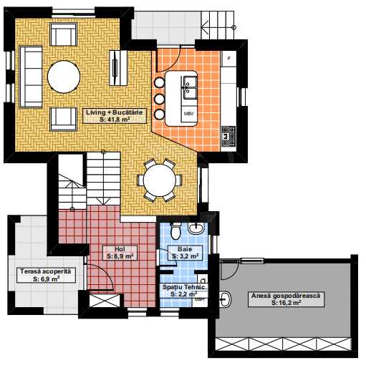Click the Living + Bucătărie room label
pos(115,116)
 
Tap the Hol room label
pos(120,253)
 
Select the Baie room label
pos(185,253)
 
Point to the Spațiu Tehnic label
pos(183,291)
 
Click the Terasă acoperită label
pos(46,275)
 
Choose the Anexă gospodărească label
pos(286,299)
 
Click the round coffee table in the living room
pos(64,77)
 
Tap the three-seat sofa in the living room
pos(31,77)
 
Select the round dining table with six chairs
pos(160,180)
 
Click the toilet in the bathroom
pos(175,231)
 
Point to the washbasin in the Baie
pos(196,228)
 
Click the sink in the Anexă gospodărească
pos(225,299)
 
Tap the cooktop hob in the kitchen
pos(228,136)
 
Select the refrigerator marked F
pos(229,59)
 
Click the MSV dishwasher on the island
pos(189,115)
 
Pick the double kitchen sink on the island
pos(190,87)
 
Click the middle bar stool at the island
pos(160,99)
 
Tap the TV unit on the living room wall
pos(118,68)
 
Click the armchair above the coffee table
pos(63,34)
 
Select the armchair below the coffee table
pos(63,119)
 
